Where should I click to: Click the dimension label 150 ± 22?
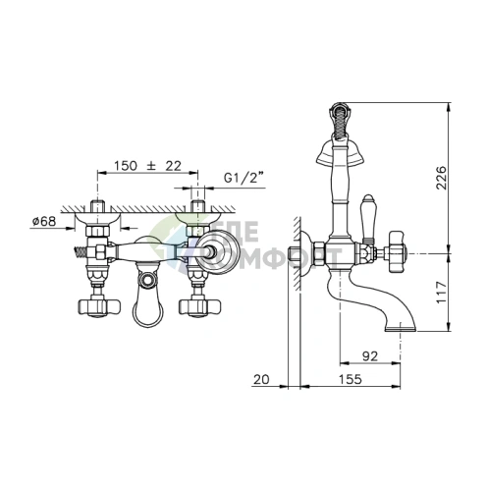point(147,166)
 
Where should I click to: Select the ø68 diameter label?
point(44,221)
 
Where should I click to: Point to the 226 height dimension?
point(442,178)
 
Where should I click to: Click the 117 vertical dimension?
point(442,292)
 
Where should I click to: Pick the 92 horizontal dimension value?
point(370,356)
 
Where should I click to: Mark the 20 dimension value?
point(261,379)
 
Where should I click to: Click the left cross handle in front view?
point(99,306)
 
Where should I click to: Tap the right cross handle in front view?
point(199,306)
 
